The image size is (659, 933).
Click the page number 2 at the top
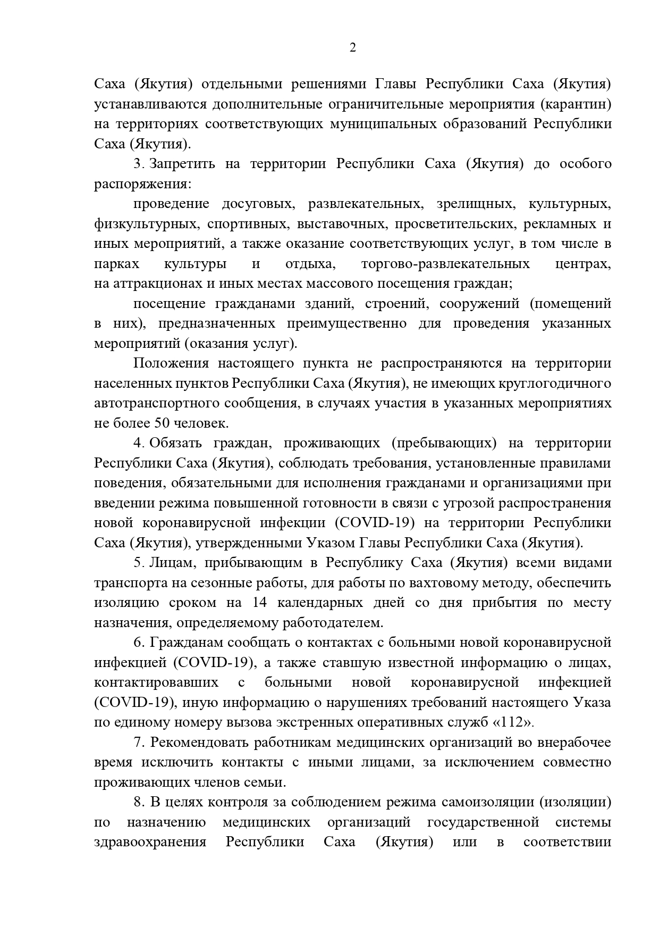pyautogui.click(x=352, y=48)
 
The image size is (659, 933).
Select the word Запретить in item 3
pyautogui.click(x=182, y=164)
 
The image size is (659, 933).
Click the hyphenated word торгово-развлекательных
pyautogui.click(x=445, y=264)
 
